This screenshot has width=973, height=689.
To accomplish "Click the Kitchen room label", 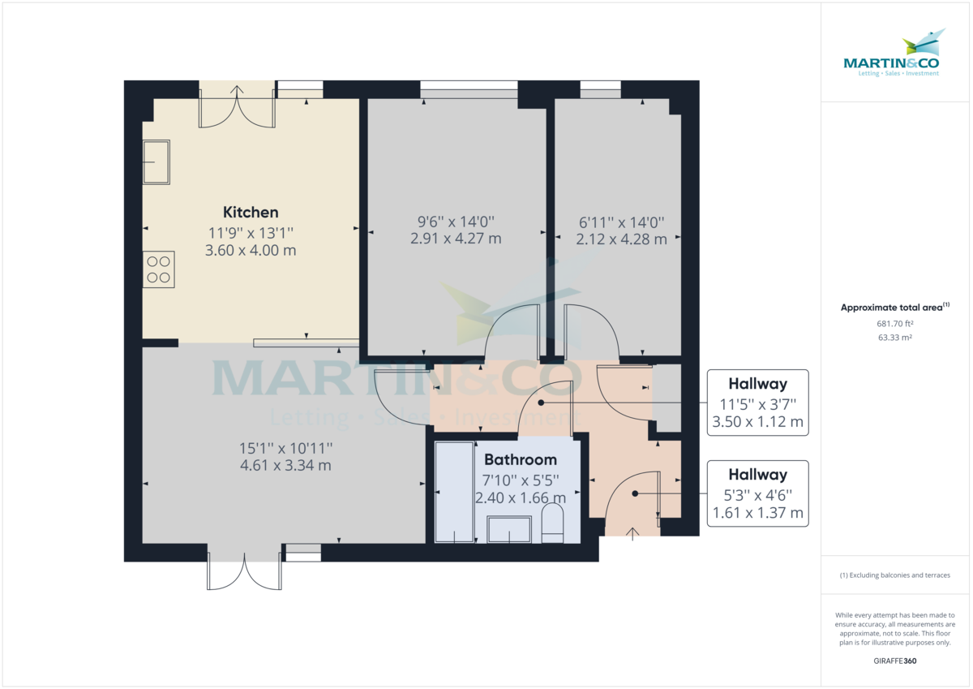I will pos(251,213).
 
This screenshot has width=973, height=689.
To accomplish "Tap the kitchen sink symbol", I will pos(156,161).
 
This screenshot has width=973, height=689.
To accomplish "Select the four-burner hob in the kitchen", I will pos(158,269).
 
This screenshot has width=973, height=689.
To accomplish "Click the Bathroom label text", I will pos(521,460).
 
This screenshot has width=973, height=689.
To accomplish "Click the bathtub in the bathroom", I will pos(454,493).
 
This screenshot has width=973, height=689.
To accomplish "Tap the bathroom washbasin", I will pos(509,530).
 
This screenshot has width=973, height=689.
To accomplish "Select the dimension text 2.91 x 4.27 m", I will pos(455,239).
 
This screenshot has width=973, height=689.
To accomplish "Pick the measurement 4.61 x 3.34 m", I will pos(285,465).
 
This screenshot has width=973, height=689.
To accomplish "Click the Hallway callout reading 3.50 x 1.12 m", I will pos(757,403).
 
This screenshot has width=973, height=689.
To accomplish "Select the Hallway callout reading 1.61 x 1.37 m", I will pos(757,493).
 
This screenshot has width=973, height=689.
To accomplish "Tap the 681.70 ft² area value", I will pos(895,323).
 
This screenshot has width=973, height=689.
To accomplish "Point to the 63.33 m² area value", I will pos(895,337).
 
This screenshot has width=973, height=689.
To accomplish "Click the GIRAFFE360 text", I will pos(895,661).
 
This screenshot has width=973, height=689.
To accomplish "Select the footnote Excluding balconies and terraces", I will pos(895,575).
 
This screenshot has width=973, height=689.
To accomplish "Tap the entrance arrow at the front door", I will pos(632,532).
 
